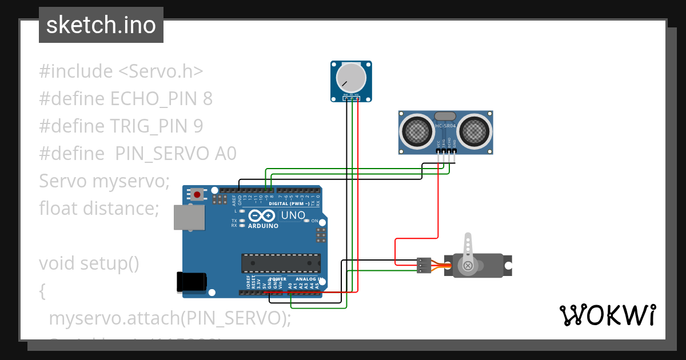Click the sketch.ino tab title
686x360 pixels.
point(101,25)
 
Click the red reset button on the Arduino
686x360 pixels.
point(197,194)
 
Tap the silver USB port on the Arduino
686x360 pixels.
point(189,217)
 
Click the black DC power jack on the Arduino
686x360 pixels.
point(191,282)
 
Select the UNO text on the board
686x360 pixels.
point(292,215)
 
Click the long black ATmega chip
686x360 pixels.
point(281,263)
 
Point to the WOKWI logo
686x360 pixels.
point(607,315)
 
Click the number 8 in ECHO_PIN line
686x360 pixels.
point(208,99)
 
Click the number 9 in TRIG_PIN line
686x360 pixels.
point(198,126)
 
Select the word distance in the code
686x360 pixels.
point(121,209)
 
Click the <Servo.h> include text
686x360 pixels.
point(161,71)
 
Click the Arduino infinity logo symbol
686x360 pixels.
point(262,215)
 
